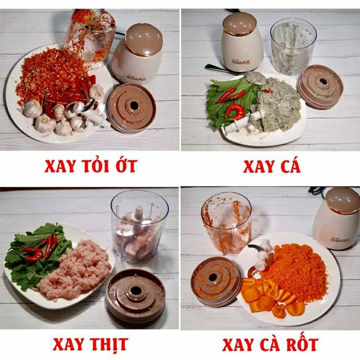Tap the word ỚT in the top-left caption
coord(124,166)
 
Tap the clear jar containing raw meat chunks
coord(138,225)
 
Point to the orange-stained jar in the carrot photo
coord(226,223)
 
